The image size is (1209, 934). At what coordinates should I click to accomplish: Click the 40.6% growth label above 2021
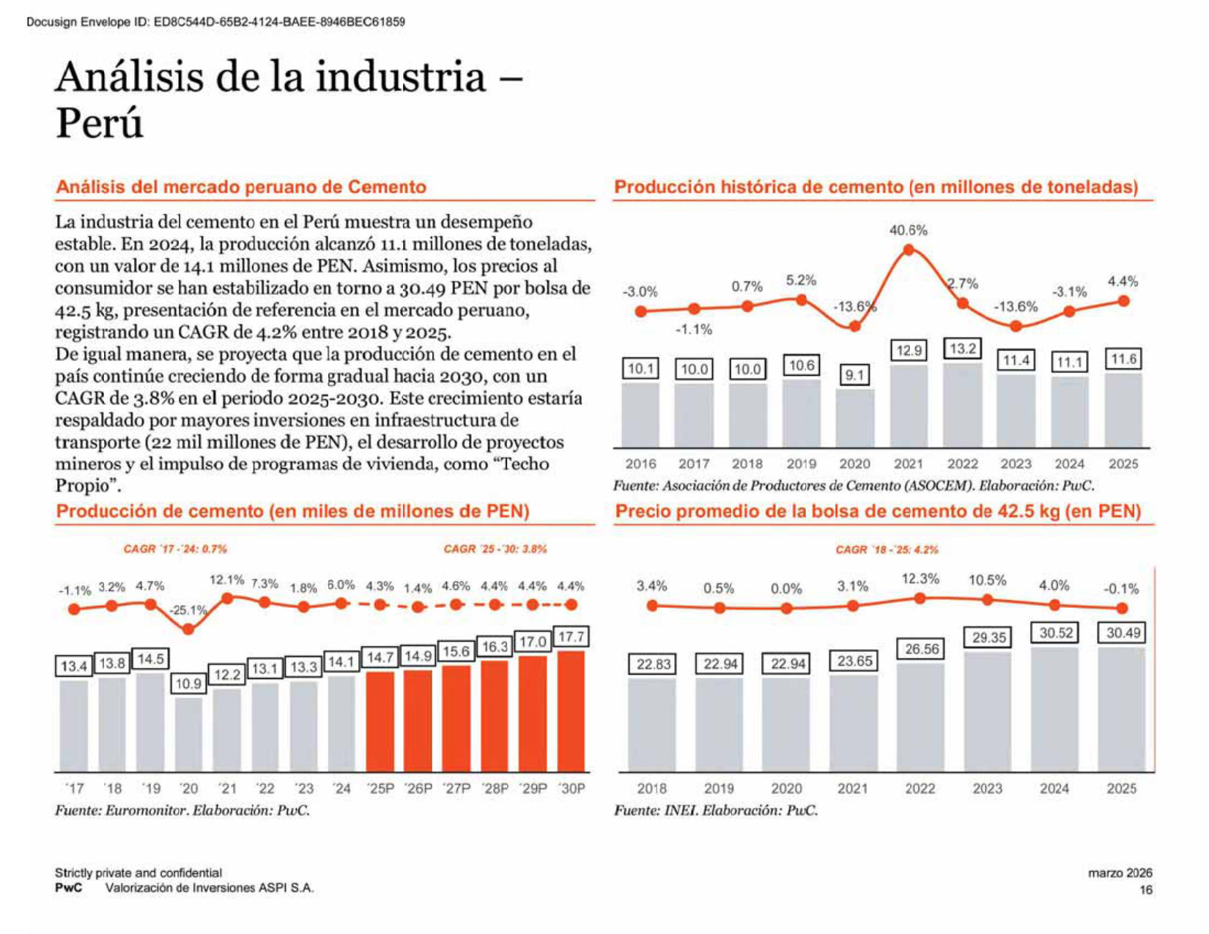908,230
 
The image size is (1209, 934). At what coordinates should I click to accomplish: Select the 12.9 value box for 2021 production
909,350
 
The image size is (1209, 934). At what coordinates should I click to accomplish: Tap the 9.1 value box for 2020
854,375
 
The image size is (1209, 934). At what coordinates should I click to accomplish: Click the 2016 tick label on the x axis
640,464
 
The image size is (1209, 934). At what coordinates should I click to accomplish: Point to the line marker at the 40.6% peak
909,250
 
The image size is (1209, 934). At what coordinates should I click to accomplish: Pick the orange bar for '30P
571,711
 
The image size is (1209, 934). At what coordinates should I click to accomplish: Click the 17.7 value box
572,637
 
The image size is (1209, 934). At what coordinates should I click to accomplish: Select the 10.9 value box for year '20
188,683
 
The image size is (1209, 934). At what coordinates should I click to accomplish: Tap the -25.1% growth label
188,609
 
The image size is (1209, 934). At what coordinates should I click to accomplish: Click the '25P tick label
380,788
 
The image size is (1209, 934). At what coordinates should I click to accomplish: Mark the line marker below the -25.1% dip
188,629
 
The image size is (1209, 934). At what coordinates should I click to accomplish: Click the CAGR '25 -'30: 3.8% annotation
495,549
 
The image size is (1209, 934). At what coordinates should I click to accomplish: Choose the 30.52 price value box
1056,633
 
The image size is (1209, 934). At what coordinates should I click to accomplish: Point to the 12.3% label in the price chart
920,579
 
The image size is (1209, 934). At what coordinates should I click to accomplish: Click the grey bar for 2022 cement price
920,718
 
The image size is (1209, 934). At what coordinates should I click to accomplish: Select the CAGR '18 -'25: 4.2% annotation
887,549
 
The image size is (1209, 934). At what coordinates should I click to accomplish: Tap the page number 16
1146,889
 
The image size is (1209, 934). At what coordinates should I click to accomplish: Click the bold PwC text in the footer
68,888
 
